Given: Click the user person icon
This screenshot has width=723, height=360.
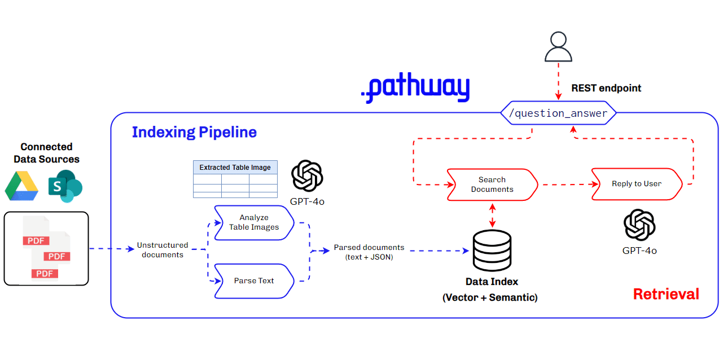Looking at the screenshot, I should click(558, 47).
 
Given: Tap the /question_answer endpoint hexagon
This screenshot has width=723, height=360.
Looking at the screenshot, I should click(558, 113).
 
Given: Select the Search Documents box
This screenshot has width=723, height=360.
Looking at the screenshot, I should click(492, 185).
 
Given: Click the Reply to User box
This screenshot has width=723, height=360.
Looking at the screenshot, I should click(637, 184).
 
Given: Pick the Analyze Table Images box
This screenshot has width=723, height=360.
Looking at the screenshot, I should click(254, 222).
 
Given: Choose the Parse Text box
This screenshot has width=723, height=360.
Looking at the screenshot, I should click(254, 280).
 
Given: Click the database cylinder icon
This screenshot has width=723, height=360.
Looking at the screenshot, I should click(492, 251).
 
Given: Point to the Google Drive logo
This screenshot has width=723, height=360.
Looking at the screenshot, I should click(21, 186).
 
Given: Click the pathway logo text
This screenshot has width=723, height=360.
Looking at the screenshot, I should click(415, 89).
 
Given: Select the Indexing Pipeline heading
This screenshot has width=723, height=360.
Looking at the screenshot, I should click(194, 132).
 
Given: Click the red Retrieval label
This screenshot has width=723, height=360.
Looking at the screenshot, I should click(666, 294).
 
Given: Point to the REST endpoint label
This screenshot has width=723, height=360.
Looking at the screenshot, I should click(606, 88).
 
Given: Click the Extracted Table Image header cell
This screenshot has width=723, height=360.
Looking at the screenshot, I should click(235, 167).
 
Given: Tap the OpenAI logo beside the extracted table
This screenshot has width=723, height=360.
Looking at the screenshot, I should click(307, 176).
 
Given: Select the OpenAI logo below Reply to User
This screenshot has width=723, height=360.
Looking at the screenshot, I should click(639, 225).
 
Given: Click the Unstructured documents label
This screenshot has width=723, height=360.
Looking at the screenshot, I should click(163, 250).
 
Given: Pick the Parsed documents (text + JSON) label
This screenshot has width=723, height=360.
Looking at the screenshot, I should click(369, 252).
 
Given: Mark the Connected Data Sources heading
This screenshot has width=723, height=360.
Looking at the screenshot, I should click(46, 153).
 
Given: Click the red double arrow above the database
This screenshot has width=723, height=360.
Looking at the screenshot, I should click(492, 214).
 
